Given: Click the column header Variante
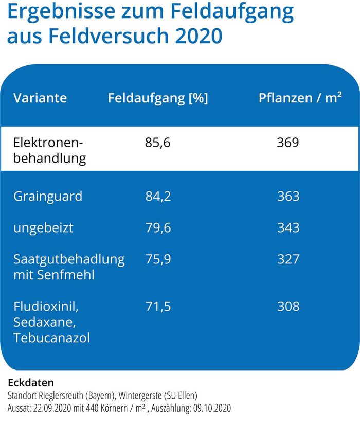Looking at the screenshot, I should pyautogui.click(x=40, y=98).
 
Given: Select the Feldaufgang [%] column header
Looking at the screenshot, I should pyautogui.click(x=158, y=98).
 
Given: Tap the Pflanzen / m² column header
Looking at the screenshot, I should pyautogui.click(x=300, y=98).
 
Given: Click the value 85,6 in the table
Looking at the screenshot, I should pyautogui.click(x=158, y=143).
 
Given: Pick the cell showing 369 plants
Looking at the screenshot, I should pyautogui.click(x=288, y=143).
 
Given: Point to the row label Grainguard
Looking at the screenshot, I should pyautogui.click(x=48, y=197).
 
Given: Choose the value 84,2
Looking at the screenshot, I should pyautogui.click(x=158, y=197).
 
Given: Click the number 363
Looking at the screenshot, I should pyautogui.click(x=288, y=197).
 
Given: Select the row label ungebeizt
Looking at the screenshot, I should pyautogui.click(x=43, y=227).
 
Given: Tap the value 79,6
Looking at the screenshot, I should pyautogui.click(x=158, y=227).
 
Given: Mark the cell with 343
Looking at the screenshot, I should pyautogui.click(x=288, y=227).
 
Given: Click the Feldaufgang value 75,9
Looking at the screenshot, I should pyautogui.click(x=158, y=258).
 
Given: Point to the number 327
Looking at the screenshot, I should pyautogui.click(x=288, y=258).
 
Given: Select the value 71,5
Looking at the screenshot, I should pyautogui.click(x=158, y=307).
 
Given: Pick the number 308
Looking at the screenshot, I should pyautogui.click(x=288, y=307).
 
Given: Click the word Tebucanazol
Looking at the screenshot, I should pyautogui.click(x=52, y=338).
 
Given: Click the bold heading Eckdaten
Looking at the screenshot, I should pyautogui.click(x=31, y=383).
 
